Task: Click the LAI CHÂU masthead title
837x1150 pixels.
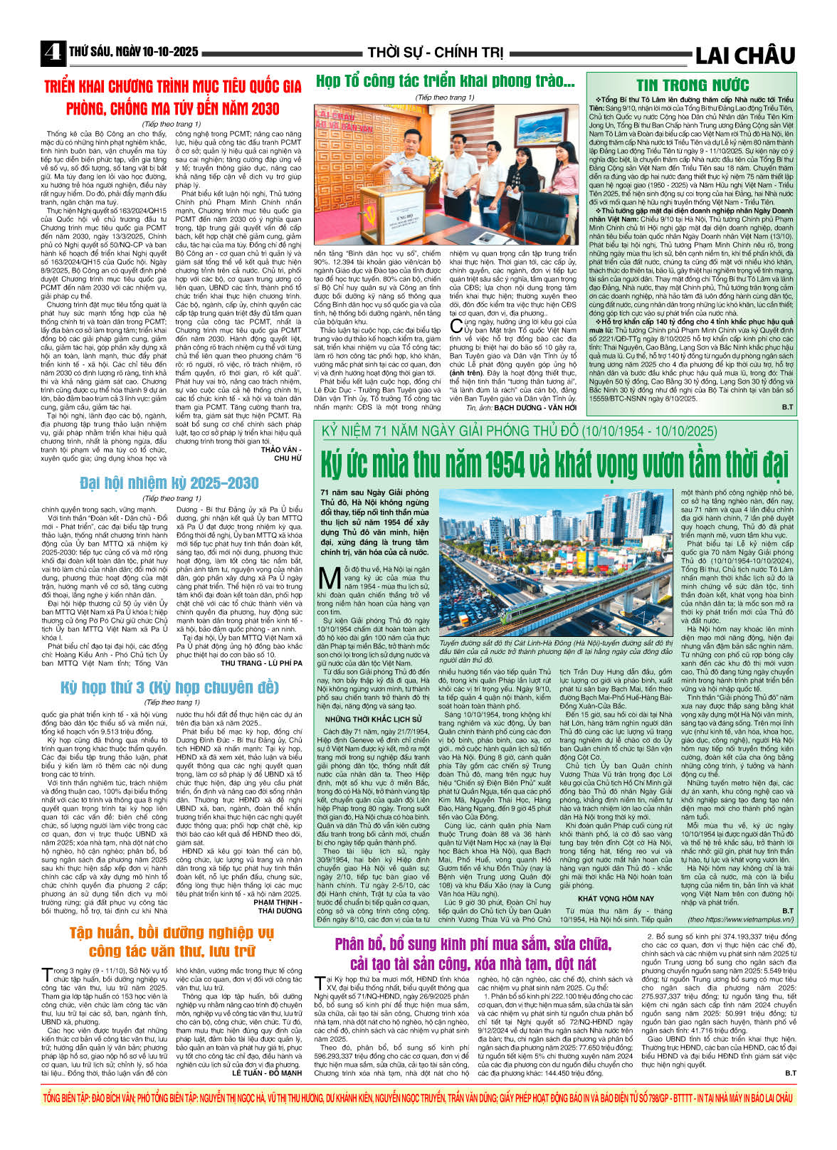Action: pos(744,55)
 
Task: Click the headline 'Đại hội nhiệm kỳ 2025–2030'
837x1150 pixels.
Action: pos(169,483)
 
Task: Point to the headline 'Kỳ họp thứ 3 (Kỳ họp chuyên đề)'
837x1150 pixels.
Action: pos(169,687)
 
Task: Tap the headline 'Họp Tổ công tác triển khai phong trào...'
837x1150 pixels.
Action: pos(446,82)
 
